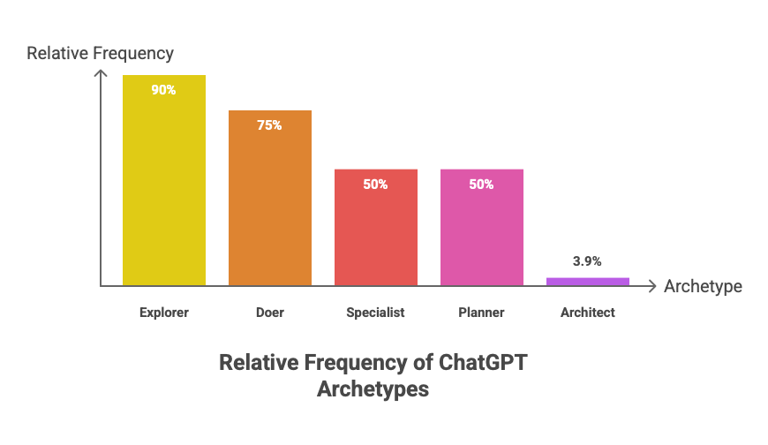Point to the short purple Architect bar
point(587,281)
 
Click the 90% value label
point(163,89)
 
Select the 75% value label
point(269,125)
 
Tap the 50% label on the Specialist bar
point(375,185)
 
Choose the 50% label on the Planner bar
point(481,185)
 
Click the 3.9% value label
point(587,261)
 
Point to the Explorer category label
point(164,313)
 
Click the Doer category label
point(270,313)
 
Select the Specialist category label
point(375,313)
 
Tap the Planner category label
point(481,313)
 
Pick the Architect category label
point(587,313)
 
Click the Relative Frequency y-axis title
point(101,53)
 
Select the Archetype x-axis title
point(703,287)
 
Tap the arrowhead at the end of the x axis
point(652,286)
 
